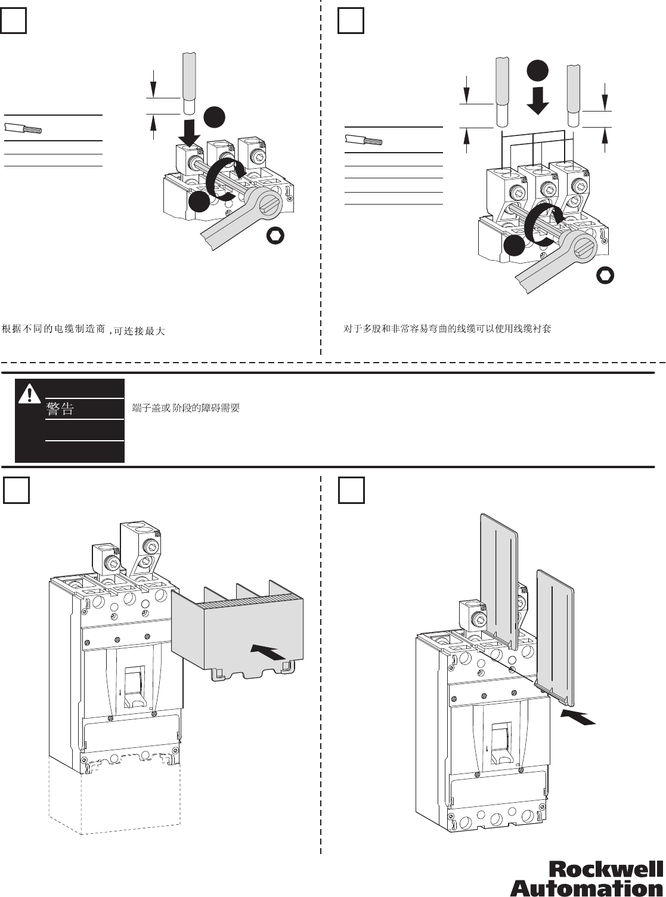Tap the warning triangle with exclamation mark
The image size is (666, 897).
[29, 394]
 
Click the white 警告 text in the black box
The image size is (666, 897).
[60, 409]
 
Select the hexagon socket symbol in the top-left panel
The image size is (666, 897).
[275, 236]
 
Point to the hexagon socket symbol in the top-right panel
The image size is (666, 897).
[605, 276]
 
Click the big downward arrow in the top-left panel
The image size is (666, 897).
[189, 132]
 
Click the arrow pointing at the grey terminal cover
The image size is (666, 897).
[267, 652]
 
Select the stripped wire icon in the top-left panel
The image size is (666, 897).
[23, 128]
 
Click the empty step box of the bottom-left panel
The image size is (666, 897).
[16, 490]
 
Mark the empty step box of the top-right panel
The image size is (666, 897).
[351, 21]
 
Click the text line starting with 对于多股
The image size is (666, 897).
[447, 329]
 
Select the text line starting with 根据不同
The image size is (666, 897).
[83, 330]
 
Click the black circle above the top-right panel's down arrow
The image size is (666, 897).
[537, 71]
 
